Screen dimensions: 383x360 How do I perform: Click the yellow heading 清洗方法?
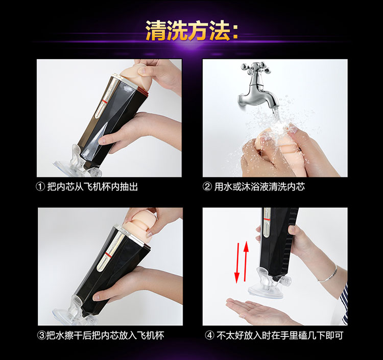pyautogui.click(x=187, y=31)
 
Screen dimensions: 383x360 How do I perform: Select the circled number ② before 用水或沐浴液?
pyautogui.click(x=207, y=187)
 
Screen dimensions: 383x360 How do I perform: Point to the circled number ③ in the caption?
pyautogui.click(x=41, y=335)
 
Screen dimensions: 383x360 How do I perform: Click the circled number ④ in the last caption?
pyautogui.click(x=209, y=335)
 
